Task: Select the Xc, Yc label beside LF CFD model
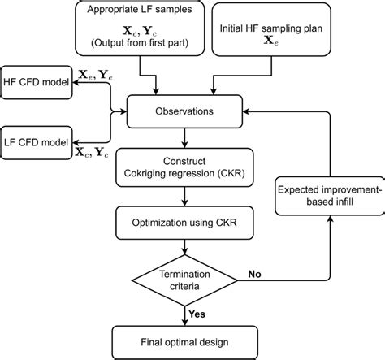pyautogui.click(x=94, y=150)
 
